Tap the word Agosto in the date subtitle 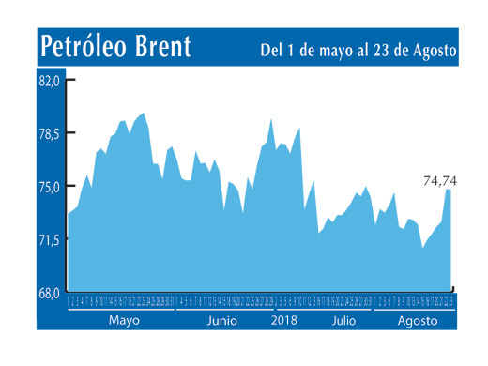click(x=432, y=50)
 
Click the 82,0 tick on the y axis click(x=50, y=81)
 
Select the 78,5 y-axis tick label click(x=50, y=134)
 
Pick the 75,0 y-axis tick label click(x=50, y=187)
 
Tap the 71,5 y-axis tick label click(x=50, y=240)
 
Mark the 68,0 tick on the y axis click(x=50, y=293)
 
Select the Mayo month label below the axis click(x=123, y=320)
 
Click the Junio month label click(x=221, y=320)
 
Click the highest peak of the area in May click(x=143, y=114)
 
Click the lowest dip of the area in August click(x=422, y=248)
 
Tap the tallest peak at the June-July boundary click(x=270, y=119)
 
